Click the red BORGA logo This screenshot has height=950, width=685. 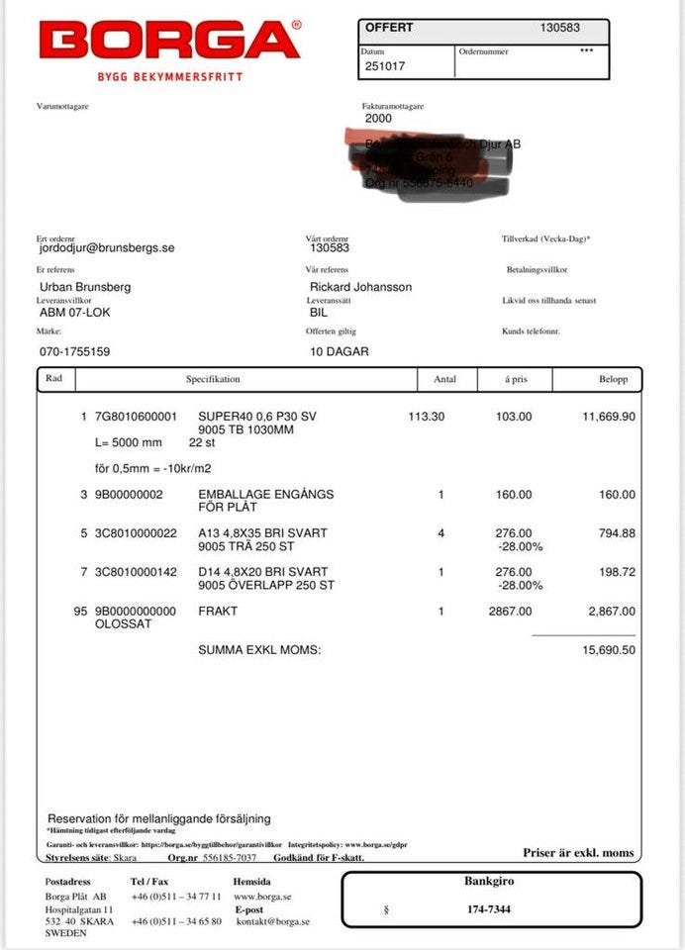[169, 41]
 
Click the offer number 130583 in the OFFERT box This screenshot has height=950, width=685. [561, 29]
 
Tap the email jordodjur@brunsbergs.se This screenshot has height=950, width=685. [107, 248]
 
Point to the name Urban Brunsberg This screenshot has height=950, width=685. [84, 287]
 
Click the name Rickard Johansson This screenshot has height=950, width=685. [360, 287]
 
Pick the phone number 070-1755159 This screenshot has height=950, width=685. [74, 351]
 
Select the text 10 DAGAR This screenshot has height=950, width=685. [341, 351]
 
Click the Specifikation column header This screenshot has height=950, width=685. [213, 379]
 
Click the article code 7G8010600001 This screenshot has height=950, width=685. [136, 417]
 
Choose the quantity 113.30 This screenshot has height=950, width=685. [426, 417]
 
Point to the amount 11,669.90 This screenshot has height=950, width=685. [608, 417]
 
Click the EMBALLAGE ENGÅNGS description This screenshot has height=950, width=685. [265, 494]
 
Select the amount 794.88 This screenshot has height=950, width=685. [616, 533]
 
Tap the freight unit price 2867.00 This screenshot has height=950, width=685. [510, 611]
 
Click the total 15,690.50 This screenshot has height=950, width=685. [608, 650]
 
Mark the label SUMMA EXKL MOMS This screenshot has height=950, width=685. [259, 650]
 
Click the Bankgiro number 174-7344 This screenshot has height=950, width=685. [489, 909]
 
